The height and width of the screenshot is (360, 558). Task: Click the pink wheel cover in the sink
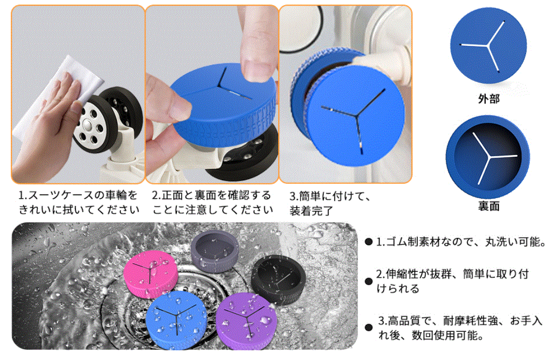151,273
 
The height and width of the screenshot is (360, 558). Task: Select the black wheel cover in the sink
278,280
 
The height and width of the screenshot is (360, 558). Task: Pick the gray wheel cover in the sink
215,250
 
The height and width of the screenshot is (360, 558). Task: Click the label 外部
489,98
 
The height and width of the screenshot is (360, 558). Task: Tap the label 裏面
489,206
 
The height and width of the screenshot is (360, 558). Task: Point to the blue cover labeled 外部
488,46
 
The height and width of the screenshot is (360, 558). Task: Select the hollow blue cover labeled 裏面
488,157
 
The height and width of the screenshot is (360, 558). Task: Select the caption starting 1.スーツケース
78,202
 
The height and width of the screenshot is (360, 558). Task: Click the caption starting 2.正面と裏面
213,202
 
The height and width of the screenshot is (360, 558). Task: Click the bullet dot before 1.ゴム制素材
368,242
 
